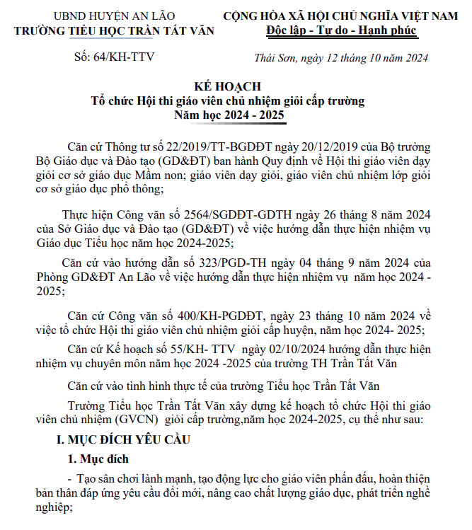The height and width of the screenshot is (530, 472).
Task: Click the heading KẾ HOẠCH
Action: (233, 87)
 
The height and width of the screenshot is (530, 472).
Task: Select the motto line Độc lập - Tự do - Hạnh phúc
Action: (342, 30)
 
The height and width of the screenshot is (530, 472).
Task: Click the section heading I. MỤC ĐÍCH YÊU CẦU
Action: (134, 439)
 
